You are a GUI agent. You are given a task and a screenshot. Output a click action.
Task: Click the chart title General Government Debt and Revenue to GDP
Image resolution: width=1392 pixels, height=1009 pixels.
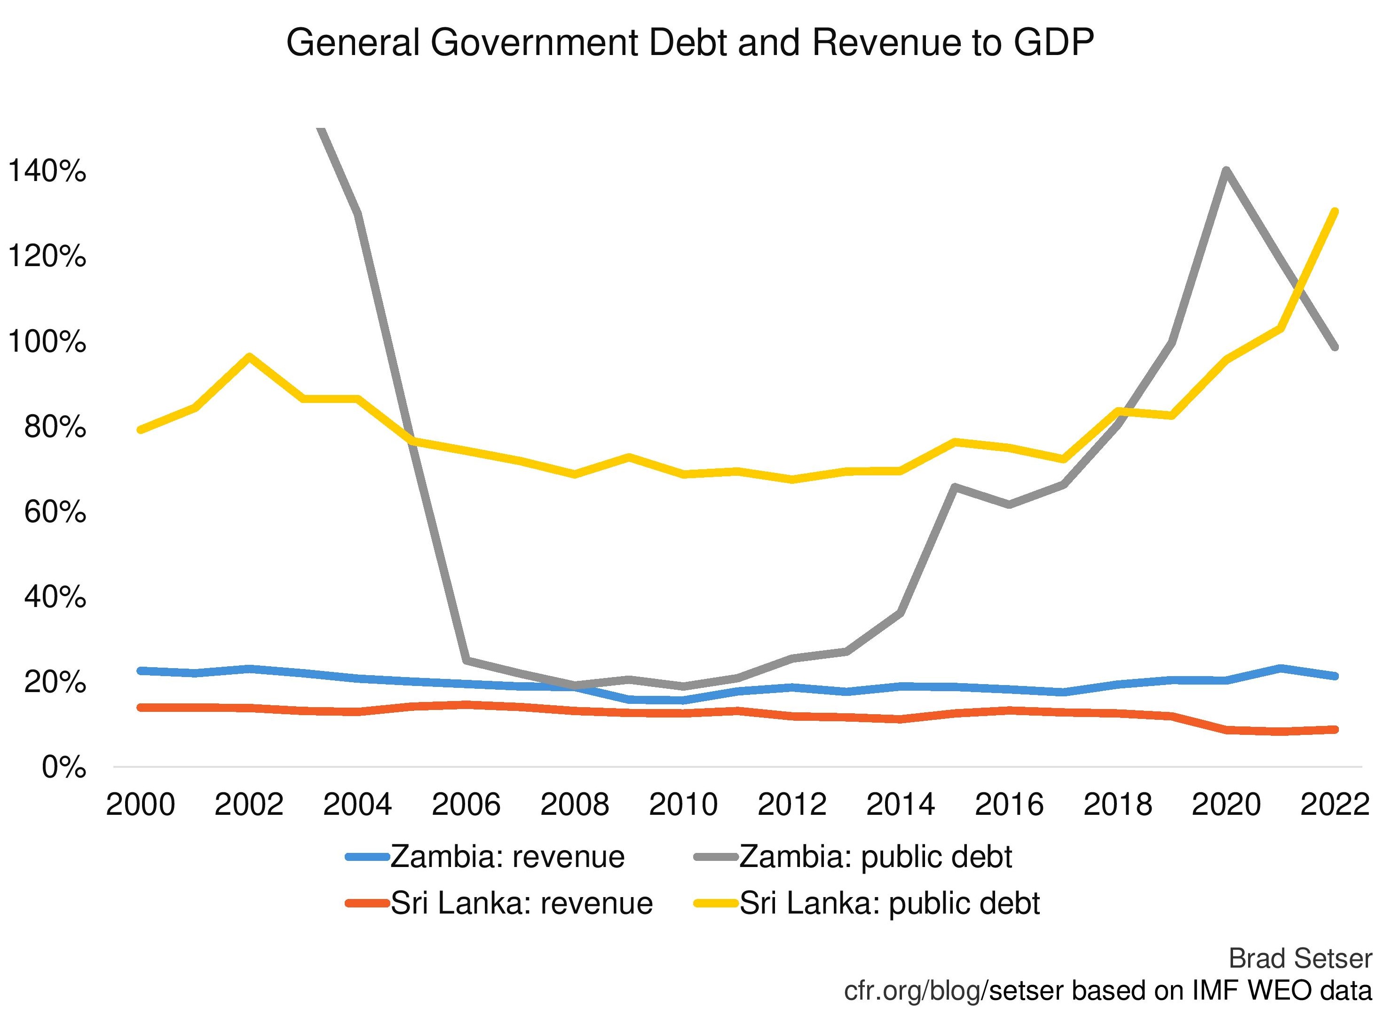(x=689, y=43)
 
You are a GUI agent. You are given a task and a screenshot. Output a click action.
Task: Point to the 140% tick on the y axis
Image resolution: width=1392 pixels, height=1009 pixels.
(x=46, y=171)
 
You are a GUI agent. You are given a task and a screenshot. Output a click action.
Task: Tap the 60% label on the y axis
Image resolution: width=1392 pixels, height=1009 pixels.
(x=55, y=512)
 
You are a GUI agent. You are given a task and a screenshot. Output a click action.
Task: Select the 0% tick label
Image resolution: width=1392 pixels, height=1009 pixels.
(x=63, y=768)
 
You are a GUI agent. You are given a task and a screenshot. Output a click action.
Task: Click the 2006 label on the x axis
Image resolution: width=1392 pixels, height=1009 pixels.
(x=466, y=804)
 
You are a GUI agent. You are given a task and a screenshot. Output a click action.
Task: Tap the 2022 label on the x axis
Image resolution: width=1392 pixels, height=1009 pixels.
(x=1334, y=804)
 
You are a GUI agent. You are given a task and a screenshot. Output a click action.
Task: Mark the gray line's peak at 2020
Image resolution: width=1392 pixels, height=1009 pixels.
(x=1226, y=170)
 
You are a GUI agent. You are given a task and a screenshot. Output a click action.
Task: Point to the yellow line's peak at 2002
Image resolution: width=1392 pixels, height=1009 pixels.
(x=249, y=356)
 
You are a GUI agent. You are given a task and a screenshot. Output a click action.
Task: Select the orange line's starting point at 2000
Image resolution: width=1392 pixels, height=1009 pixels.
(x=141, y=708)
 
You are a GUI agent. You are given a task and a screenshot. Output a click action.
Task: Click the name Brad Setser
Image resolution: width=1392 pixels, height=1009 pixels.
(x=1300, y=959)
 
